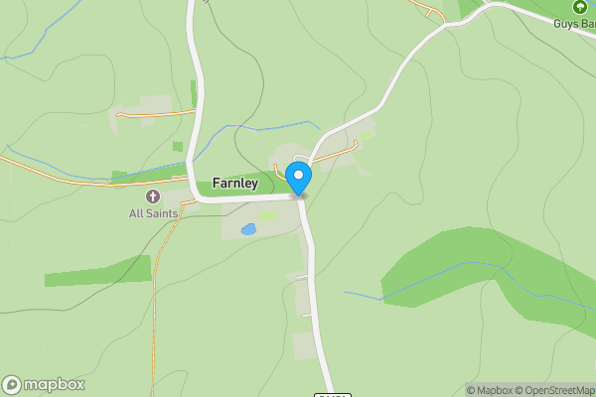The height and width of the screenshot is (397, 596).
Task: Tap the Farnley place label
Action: [x=235, y=184]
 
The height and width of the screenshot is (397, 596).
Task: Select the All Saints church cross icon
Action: [x=154, y=197]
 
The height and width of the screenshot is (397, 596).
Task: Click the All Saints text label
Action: [x=153, y=213]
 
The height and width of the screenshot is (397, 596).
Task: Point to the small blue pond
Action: [x=248, y=229]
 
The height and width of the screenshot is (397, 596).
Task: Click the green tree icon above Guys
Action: [x=580, y=7]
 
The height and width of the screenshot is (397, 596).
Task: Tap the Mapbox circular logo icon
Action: [x=12, y=385]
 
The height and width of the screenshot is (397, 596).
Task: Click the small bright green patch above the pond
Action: [x=267, y=215]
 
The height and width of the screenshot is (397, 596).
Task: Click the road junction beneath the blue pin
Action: [x=299, y=197]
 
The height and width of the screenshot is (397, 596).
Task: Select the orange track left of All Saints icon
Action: [x=60, y=179]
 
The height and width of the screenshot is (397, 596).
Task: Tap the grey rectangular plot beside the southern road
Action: [x=304, y=346]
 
